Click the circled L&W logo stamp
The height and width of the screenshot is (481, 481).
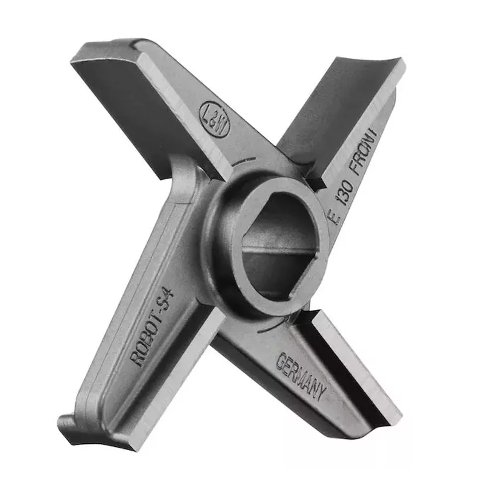coord(215,119)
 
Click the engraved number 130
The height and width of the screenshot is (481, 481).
coord(346,195)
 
